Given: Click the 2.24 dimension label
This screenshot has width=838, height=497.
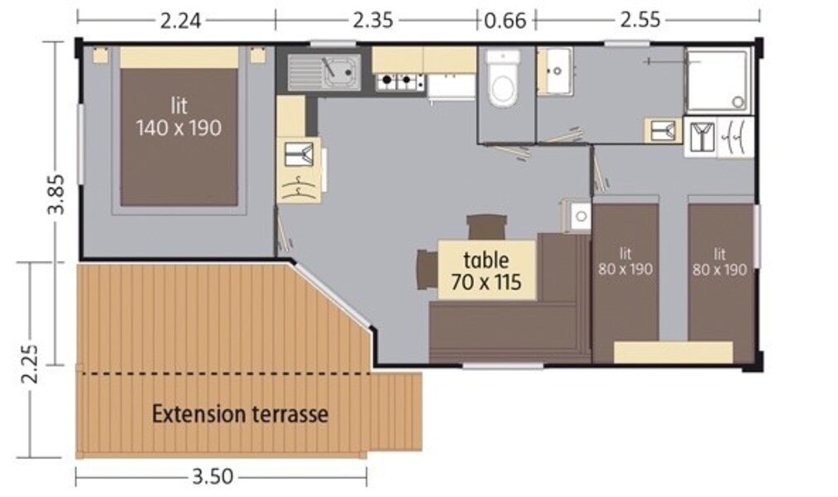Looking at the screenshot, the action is click(180, 21).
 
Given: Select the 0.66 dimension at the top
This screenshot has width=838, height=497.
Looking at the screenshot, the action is click(505, 21).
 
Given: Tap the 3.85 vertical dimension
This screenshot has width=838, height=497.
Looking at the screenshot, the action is click(55, 194).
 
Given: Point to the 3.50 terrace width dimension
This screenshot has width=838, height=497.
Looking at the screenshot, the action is click(212, 476).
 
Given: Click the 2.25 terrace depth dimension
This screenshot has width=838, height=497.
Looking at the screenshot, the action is click(30, 364).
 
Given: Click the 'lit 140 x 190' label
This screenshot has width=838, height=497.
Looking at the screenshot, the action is click(179, 117).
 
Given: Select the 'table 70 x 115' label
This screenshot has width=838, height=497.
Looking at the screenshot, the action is click(486, 271).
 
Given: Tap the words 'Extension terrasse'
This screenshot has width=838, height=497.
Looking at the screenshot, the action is click(240, 414).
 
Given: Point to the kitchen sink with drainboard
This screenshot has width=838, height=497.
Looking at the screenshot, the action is click(324, 72).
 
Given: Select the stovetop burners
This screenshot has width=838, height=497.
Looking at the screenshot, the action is click(400, 82).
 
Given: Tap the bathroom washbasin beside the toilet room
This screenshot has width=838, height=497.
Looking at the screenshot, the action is click(555, 71).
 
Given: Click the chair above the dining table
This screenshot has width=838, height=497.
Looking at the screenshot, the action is click(486, 227).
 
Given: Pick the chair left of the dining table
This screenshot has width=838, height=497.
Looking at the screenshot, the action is click(427, 270).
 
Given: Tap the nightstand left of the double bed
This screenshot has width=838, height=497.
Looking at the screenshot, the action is click(100, 55).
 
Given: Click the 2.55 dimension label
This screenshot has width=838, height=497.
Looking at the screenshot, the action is click(640, 21).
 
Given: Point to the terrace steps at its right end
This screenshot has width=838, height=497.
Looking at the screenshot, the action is click(395, 412).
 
